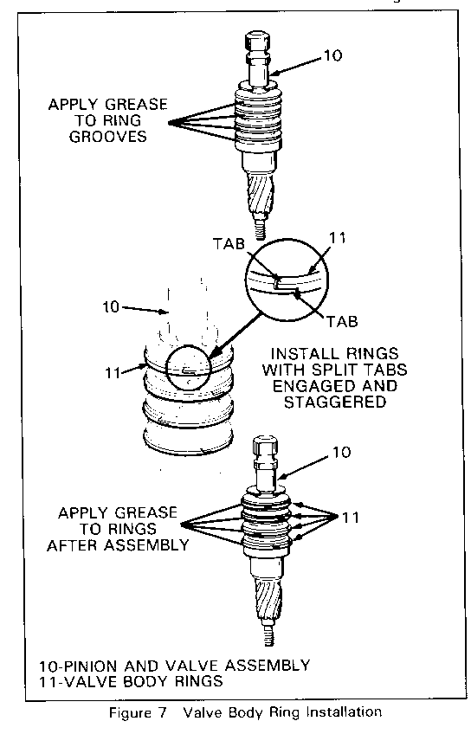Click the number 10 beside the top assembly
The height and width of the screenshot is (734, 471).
tap(332, 55)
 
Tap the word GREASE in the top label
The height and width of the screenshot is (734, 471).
tap(136, 104)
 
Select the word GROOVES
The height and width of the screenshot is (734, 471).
tap(107, 137)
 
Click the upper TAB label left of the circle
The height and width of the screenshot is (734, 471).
tap(229, 244)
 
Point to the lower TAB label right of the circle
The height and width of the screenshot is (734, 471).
tap(342, 322)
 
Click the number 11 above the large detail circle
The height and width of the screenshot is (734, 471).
tap(338, 238)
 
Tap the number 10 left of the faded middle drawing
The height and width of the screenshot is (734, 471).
tap(112, 307)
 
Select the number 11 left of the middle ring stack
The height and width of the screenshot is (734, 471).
tap(113, 373)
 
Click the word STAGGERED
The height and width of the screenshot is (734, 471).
tap(335, 402)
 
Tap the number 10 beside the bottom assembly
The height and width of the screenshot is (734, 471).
tap(342, 453)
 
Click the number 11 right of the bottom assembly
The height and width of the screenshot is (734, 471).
tap(351, 518)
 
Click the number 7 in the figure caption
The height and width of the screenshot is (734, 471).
tap(162, 713)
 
